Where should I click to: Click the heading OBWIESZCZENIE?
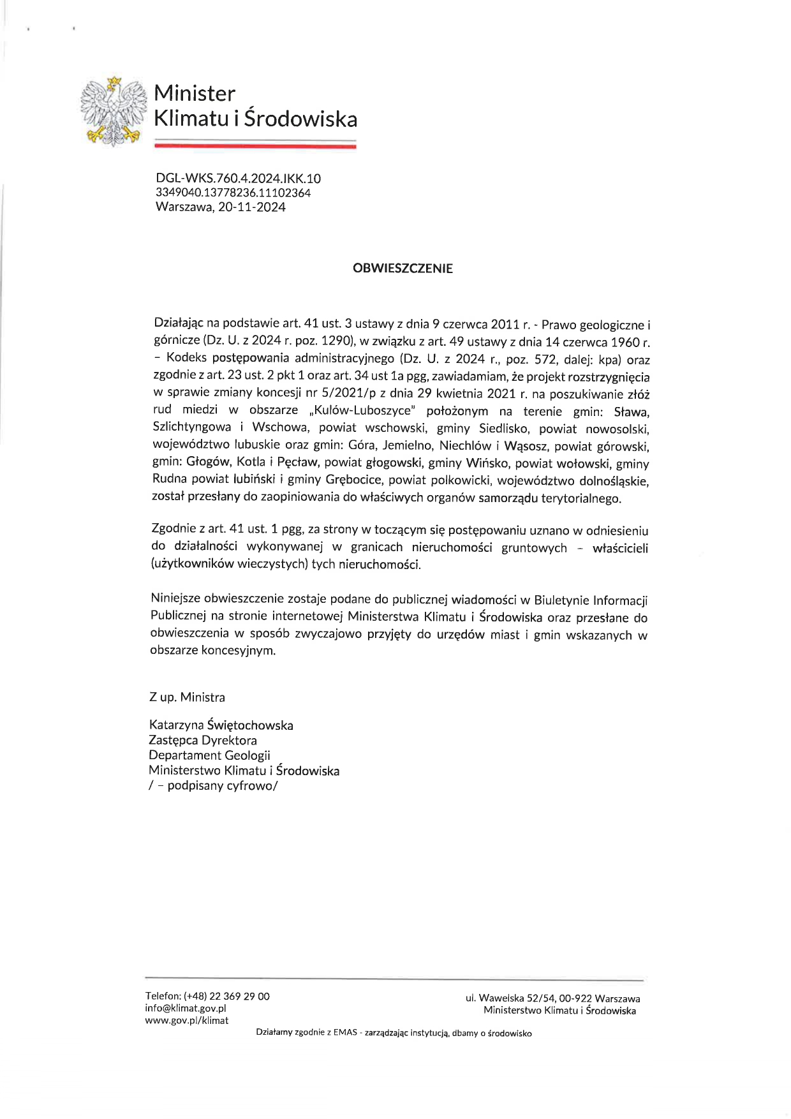coord(403,269)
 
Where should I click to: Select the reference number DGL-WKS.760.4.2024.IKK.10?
coord(238,179)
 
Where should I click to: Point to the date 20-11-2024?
coord(252,207)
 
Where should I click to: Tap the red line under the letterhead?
coord(255,146)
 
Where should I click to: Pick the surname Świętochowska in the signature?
coord(250,725)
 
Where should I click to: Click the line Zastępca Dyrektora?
coord(203,741)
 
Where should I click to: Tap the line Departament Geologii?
coord(209,755)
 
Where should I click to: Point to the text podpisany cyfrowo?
coord(221,786)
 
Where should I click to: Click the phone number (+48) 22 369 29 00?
coord(226,997)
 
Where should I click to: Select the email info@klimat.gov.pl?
coord(186,1009)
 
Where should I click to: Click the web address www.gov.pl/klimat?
coord(186,1020)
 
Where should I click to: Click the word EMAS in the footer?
coord(344,1033)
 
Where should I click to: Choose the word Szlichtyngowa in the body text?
coord(192,427)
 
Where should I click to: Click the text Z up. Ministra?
coord(187,697)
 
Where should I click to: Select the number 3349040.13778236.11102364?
coord(233,193)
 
